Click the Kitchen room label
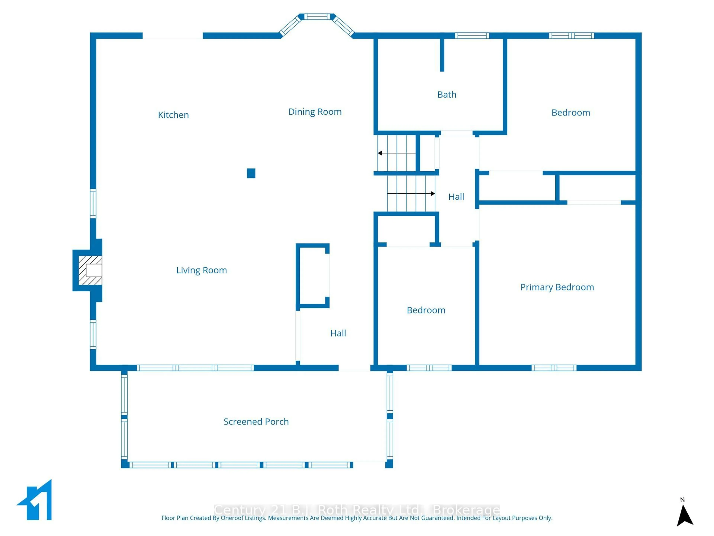(173, 115)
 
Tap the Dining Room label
(315, 112)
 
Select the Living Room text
(201, 270)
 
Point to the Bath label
(447, 95)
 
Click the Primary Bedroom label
(557, 287)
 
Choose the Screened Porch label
(256, 422)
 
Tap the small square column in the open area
(251, 173)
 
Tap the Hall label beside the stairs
(456, 197)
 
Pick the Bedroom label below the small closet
(426, 310)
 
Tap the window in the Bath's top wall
(472, 36)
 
